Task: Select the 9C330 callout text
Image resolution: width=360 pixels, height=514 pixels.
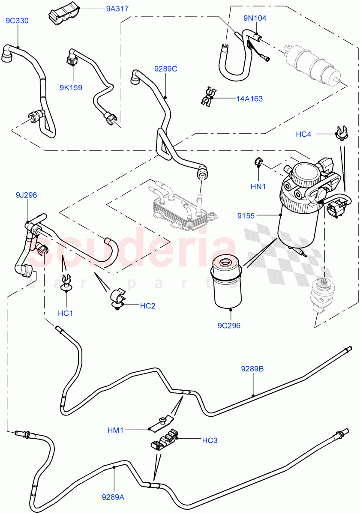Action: coord(17,21)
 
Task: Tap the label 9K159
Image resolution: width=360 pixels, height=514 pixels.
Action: coord(71,88)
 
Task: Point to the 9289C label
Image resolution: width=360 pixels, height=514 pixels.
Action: coord(166,68)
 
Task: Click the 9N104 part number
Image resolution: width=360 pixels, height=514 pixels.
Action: coord(255,18)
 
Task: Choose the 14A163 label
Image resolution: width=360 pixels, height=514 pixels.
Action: coord(249,99)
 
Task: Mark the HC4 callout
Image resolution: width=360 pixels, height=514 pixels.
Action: coord(303,134)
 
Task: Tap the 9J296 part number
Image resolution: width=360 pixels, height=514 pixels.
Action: coord(27,195)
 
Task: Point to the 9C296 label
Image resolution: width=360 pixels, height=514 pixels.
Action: coord(229,326)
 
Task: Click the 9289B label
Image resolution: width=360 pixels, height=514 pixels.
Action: coord(252,368)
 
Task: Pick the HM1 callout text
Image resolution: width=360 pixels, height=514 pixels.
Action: coord(116,430)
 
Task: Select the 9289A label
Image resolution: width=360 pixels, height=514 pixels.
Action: coord(113,497)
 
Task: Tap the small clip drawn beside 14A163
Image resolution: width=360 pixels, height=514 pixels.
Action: coord(209,97)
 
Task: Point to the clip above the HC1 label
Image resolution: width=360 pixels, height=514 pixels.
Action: coord(66,283)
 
